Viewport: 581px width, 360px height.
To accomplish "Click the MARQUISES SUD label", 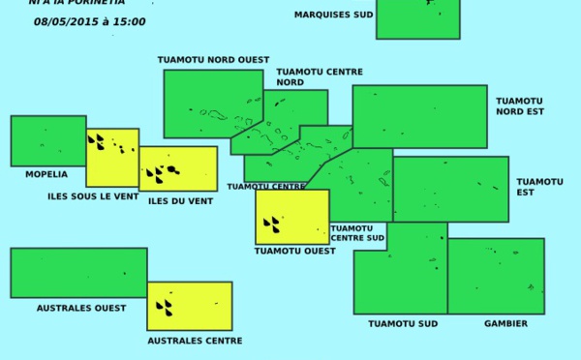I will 333,15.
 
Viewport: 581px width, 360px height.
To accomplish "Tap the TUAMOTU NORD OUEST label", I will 213,60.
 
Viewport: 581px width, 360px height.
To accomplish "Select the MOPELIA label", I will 46,175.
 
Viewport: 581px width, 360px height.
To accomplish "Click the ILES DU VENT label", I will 180,201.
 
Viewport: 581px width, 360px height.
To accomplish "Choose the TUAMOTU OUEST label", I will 294,251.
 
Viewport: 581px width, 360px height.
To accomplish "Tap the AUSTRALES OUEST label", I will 81,308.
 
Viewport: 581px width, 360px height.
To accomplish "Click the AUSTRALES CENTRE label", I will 195,341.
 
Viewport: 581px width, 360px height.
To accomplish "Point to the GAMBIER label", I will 505,323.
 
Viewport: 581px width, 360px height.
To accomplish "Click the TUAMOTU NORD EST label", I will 520,105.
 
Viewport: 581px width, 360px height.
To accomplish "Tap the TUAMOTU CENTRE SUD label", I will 357,233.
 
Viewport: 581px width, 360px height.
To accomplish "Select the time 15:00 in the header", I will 130,21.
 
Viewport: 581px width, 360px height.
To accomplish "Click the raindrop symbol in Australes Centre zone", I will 165,308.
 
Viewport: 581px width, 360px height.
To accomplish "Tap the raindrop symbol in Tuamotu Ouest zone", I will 272,225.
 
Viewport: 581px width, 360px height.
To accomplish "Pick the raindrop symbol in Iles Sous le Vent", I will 96,142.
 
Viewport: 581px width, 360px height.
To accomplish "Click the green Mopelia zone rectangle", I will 47,141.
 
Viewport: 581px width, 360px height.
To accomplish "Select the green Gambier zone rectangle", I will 496,276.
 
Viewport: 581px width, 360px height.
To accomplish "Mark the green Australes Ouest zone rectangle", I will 78,273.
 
